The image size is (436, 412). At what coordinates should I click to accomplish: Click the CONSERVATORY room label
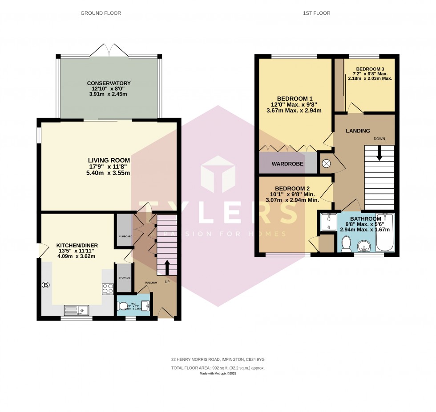[109, 83]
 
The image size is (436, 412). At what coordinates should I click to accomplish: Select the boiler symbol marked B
[45, 284]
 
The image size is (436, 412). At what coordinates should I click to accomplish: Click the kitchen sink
[77, 309]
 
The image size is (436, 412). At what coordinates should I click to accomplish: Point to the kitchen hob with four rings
[108, 289]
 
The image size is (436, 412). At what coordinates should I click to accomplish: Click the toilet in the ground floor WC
[123, 307]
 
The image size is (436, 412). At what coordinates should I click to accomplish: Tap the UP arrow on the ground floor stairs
[167, 268]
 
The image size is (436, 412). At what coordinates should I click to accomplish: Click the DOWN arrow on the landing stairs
[379, 154]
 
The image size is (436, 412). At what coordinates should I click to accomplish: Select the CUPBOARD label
[125, 236]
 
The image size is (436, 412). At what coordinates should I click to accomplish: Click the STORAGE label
[124, 278]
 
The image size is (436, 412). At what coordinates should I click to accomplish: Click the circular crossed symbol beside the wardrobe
[326, 164]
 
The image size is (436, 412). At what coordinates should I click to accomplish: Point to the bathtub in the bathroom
[385, 233]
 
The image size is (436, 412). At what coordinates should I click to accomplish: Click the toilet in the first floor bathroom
[347, 244]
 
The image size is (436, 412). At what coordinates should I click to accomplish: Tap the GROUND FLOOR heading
[101, 13]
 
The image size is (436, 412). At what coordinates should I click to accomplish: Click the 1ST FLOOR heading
[318, 13]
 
